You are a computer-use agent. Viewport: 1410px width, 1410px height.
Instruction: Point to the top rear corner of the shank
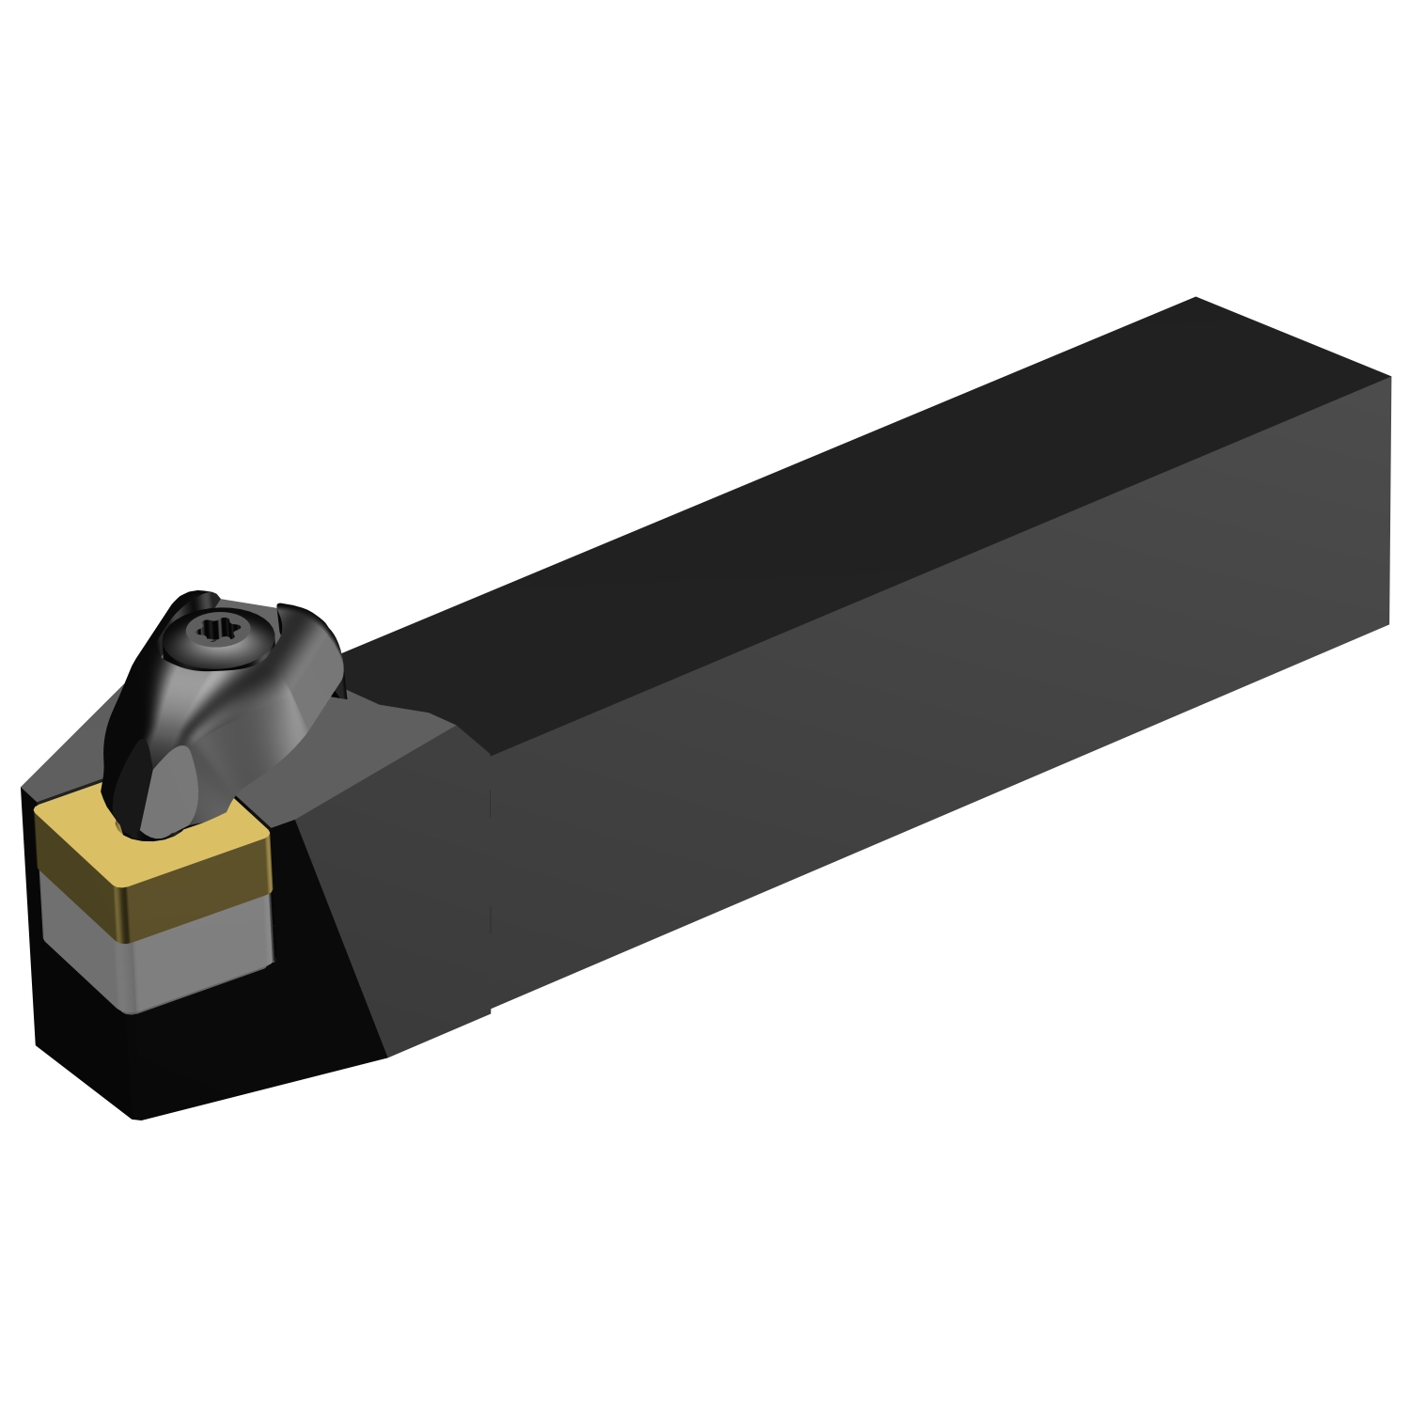click(x=1196, y=298)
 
